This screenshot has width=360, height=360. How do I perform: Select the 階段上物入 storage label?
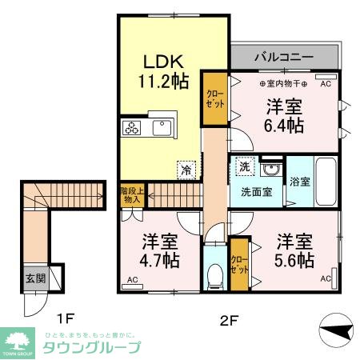coord(132,195)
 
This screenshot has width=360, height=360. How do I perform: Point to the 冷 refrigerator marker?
coord(186,170)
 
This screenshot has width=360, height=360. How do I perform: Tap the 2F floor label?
coord(230,322)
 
